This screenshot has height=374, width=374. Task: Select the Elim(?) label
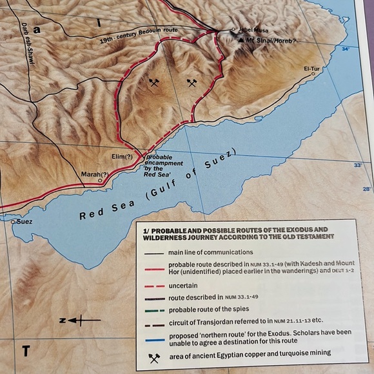click(121, 157)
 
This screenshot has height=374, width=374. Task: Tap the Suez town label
click(24, 221)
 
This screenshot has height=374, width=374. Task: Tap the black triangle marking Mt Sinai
click(241, 41)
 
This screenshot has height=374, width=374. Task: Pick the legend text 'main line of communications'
click(211, 251)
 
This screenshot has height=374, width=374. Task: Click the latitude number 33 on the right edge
click(358, 165)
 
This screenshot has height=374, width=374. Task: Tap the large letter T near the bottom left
click(26, 351)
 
